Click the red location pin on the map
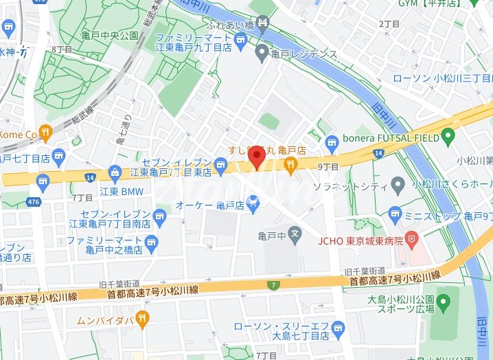[x=257, y=157]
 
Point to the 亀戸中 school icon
[x=294, y=234]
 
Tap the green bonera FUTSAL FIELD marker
[x=449, y=137]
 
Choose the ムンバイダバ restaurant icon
[x=142, y=317]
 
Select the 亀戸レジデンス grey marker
[x=262, y=52]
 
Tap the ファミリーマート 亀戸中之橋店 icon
[x=152, y=242]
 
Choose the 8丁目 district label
[x=62, y=49]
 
